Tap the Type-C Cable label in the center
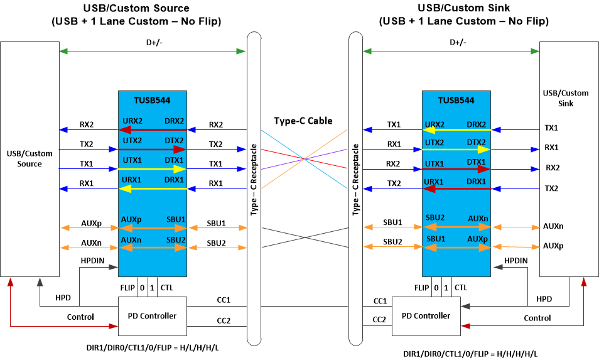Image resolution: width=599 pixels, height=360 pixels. click(303, 121)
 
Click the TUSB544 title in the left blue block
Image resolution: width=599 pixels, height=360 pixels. click(151, 100)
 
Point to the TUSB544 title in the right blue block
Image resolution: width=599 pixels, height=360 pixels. click(456, 100)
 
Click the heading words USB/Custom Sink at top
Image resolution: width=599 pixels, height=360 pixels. click(463, 8)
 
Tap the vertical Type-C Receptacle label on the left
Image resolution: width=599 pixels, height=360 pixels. click(254, 178)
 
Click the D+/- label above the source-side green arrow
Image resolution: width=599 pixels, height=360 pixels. click(153, 43)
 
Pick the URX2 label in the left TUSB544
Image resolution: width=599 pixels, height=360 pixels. click(132, 121)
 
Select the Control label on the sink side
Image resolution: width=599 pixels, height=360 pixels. click(537, 318)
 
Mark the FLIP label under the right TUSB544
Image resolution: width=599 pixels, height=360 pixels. click(422, 288)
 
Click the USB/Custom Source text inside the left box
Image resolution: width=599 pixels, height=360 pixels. click(30, 158)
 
